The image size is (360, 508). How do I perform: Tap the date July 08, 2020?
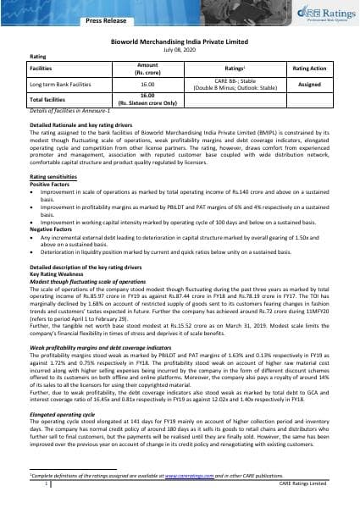coord(180,49)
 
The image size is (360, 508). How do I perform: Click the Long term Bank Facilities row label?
coord(63,85)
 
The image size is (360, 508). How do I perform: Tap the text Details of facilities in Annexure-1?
coord(66,111)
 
